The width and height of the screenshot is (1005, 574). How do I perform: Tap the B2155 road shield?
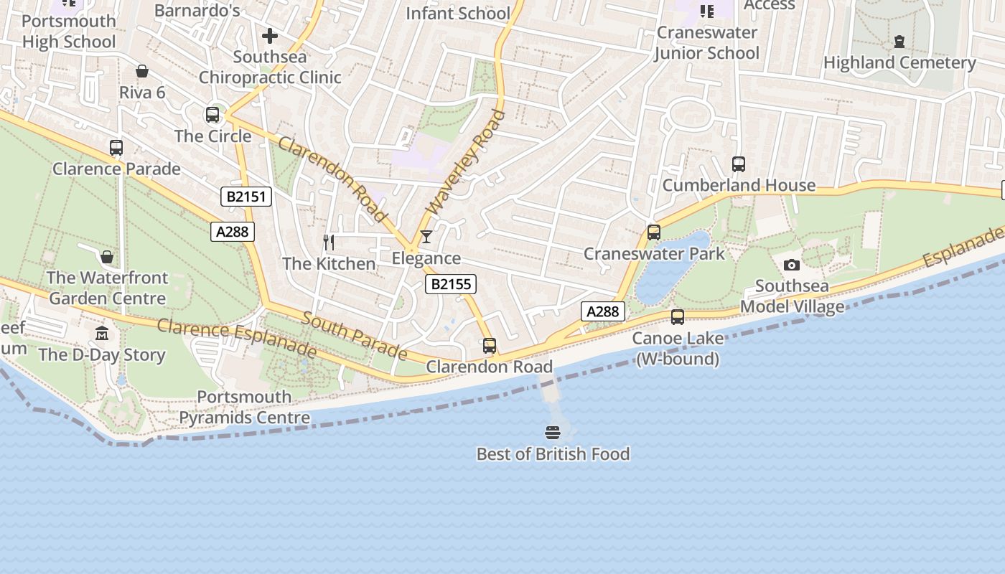451,284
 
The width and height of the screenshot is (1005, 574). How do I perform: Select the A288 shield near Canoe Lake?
602,311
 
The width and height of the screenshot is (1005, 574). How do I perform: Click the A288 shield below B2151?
233,231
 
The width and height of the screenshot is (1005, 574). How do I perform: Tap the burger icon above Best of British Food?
552,433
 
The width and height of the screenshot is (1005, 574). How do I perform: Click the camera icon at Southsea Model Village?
792,265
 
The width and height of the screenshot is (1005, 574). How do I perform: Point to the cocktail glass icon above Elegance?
426,237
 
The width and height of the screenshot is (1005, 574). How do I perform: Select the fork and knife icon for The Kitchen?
329,243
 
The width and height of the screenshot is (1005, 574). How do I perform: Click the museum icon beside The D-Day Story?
102,334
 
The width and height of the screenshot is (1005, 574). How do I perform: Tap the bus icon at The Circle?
212,115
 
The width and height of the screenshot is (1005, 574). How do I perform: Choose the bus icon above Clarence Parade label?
116,148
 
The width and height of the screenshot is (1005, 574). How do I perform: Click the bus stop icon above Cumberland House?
738,164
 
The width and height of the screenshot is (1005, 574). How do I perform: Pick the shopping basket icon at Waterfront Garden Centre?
107,257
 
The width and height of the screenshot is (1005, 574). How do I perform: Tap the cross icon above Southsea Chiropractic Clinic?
270,35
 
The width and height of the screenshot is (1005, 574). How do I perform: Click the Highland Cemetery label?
899,62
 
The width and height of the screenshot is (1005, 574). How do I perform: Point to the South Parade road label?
354,335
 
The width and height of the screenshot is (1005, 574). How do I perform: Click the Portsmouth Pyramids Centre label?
244,407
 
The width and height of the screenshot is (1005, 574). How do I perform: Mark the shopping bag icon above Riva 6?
142,72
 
